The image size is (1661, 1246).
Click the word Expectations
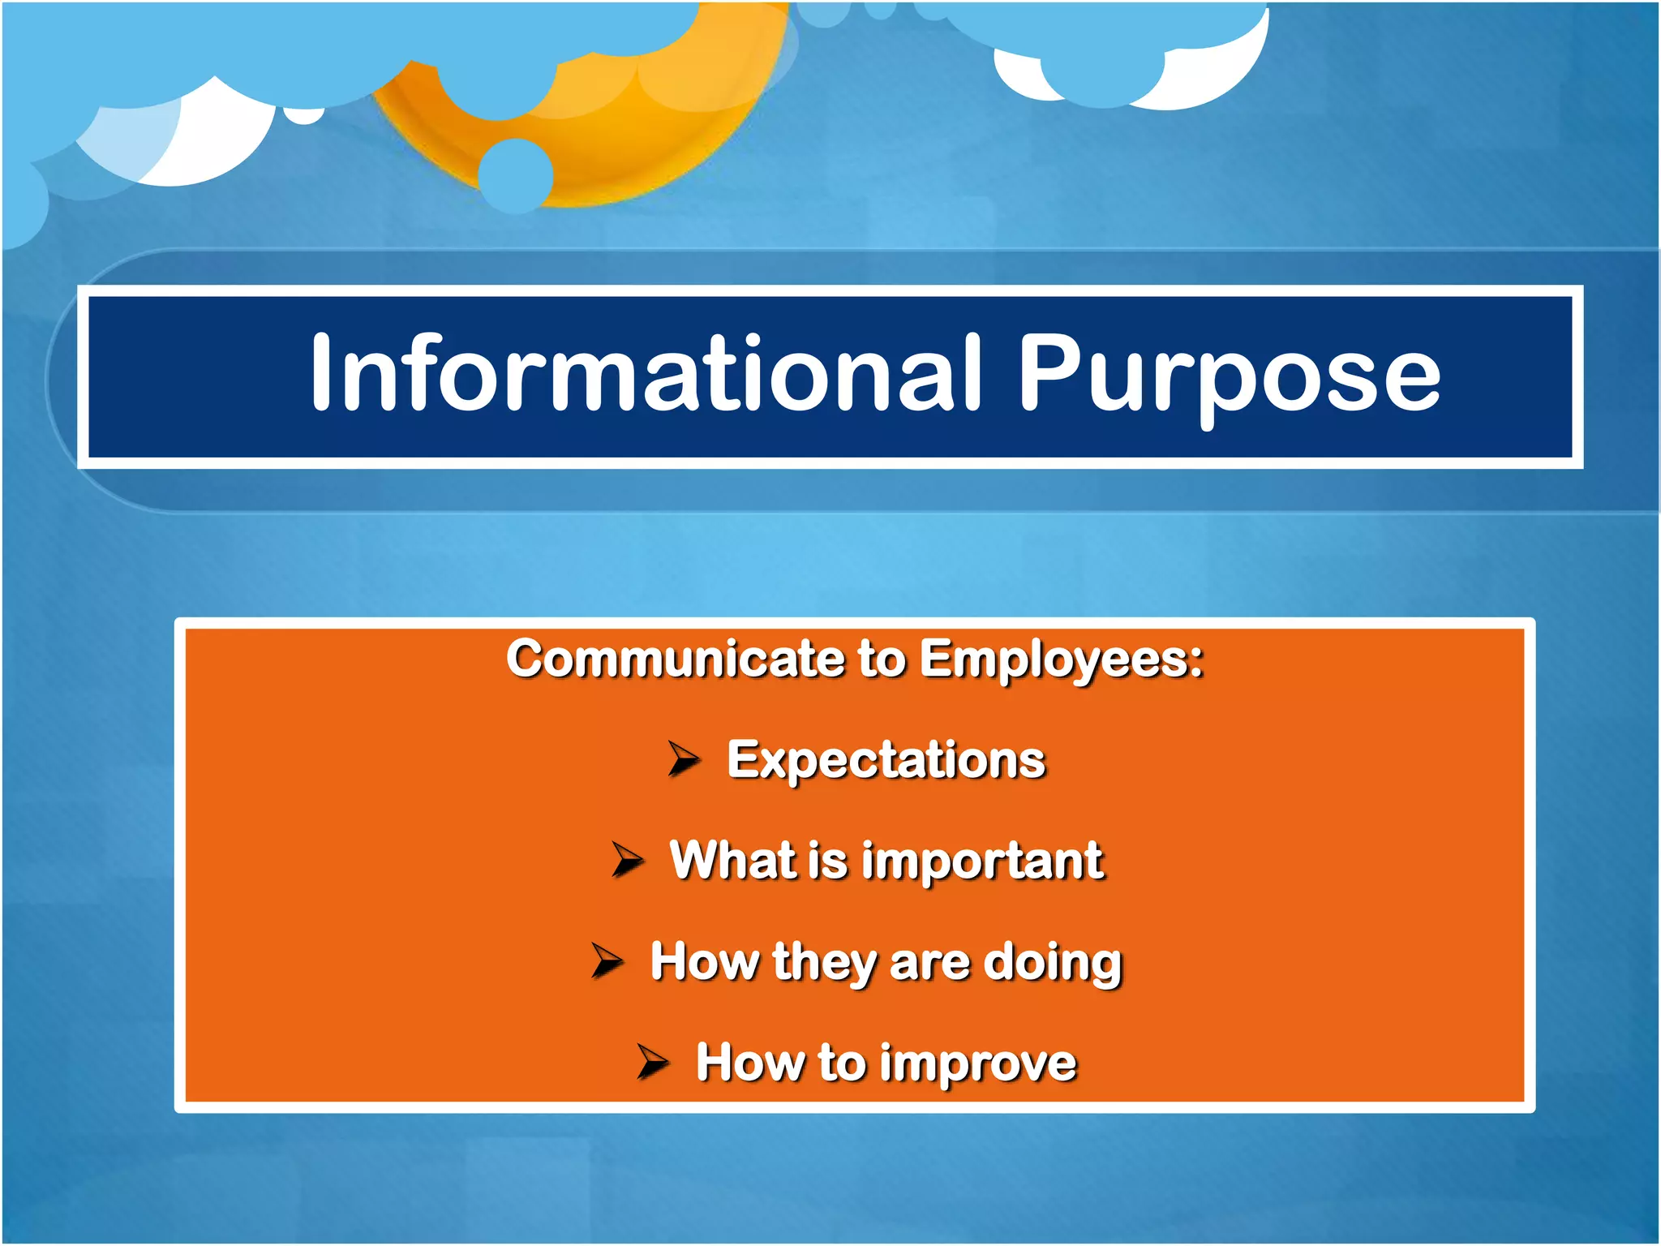click(886, 760)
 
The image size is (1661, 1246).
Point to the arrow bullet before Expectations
click(684, 758)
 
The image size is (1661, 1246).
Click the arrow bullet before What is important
click(627, 859)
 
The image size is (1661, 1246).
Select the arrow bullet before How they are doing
click(607, 960)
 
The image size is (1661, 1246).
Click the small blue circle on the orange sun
click(516, 175)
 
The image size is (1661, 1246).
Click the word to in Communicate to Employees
click(881, 658)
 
